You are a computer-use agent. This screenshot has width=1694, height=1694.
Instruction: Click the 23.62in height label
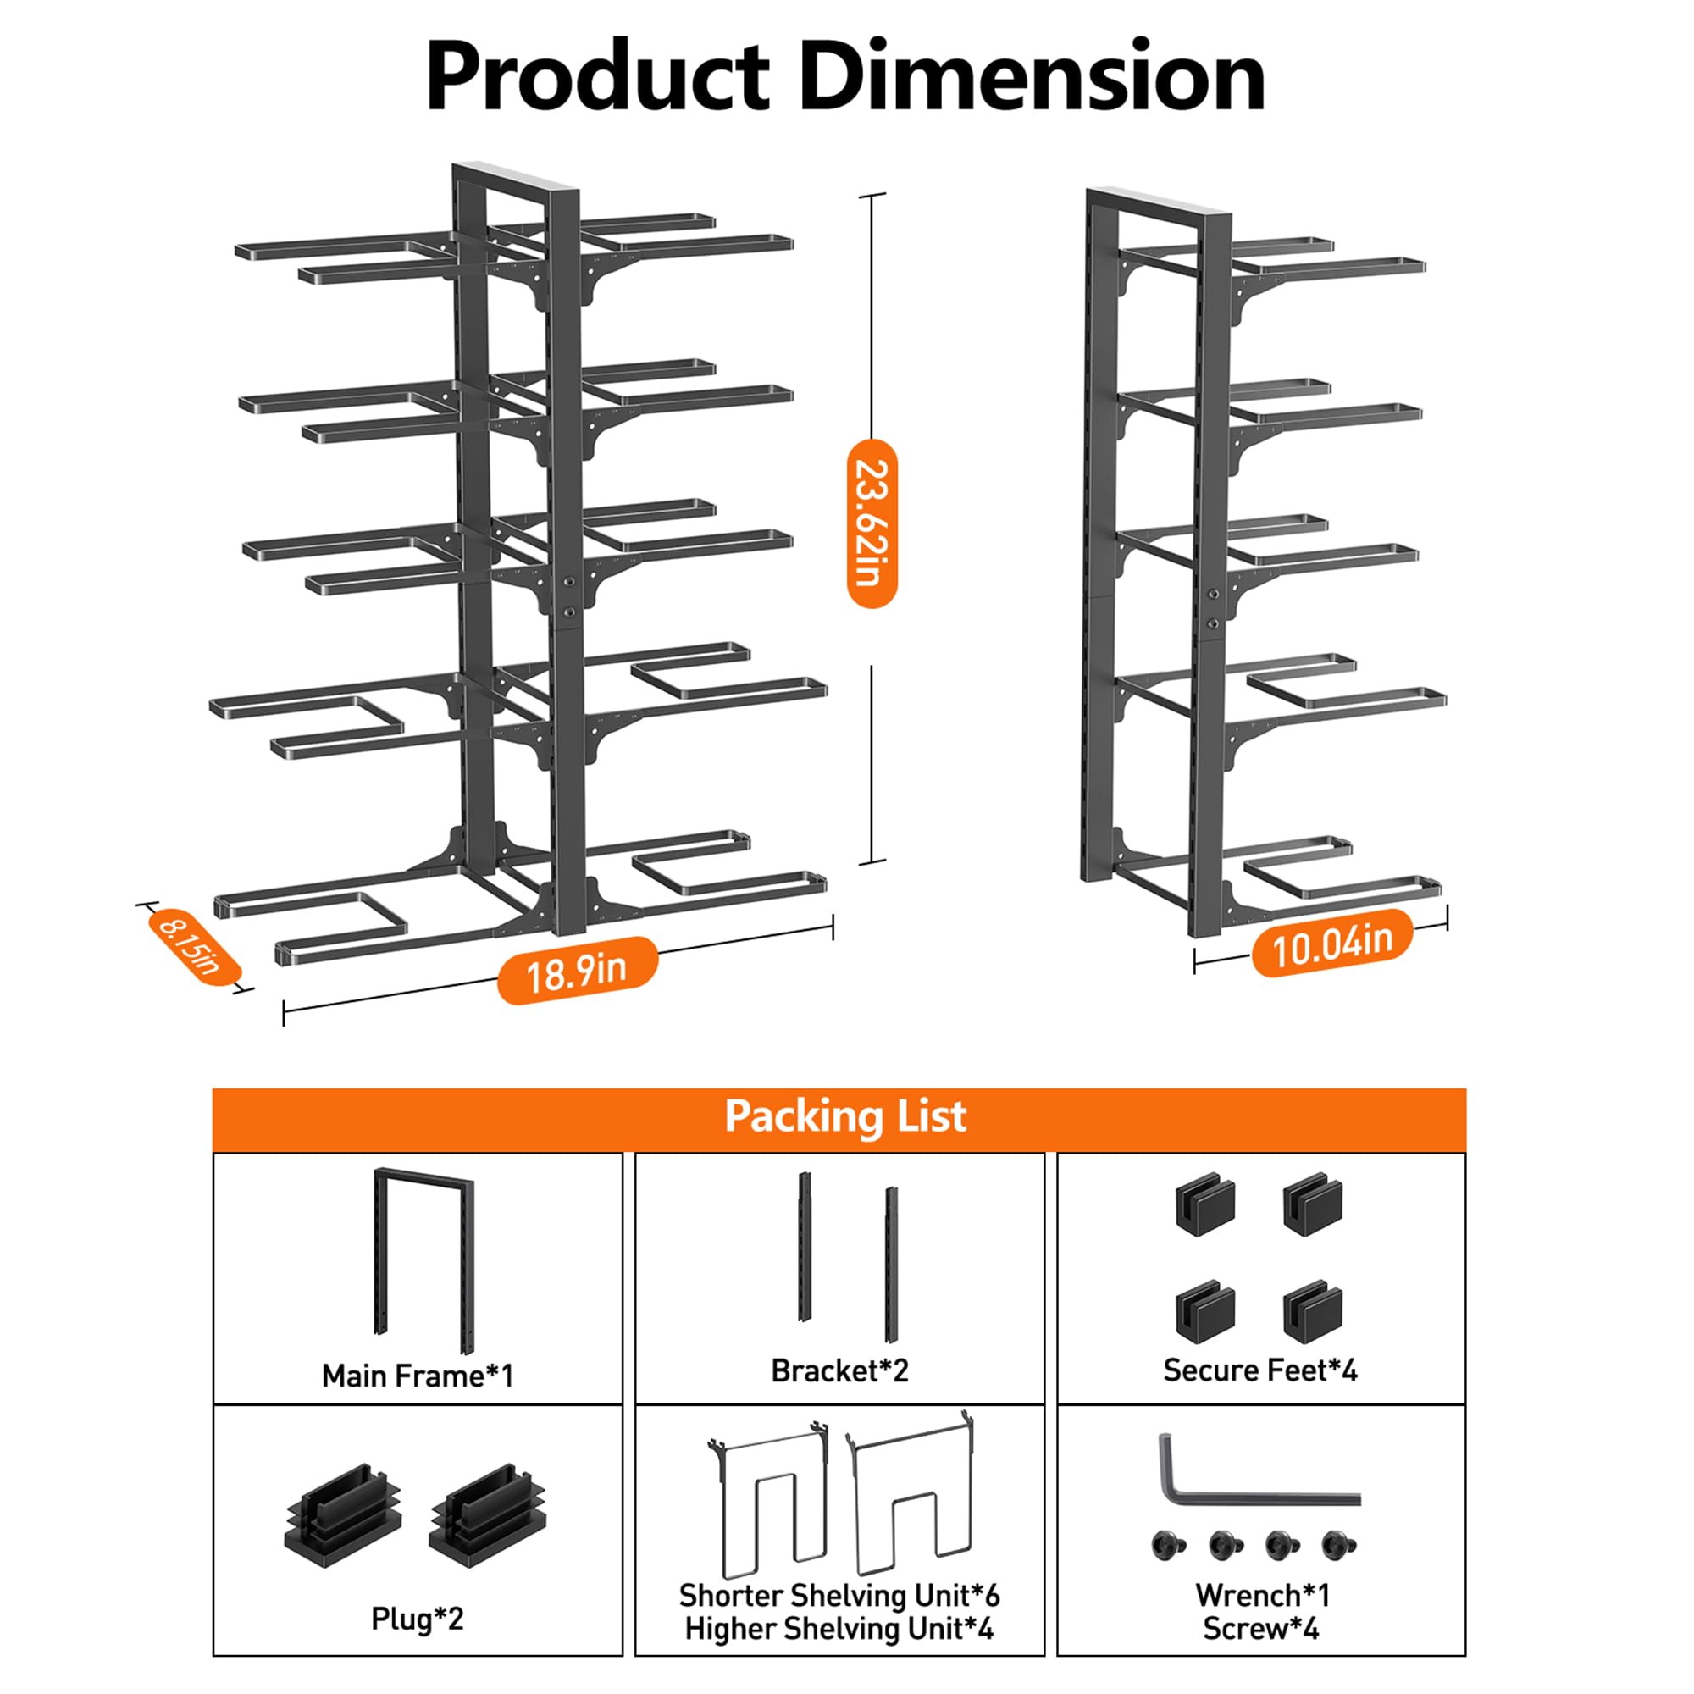click(872, 523)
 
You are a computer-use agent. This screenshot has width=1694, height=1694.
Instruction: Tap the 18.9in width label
click(576, 971)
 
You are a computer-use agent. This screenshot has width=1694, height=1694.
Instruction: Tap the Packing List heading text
click(845, 1117)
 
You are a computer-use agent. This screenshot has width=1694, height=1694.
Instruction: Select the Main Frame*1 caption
click(418, 1376)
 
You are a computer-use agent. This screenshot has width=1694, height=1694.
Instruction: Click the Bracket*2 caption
click(839, 1370)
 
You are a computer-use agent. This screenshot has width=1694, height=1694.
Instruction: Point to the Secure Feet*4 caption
click(1260, 1370)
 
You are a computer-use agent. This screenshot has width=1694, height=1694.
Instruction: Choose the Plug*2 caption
click(418, 1619)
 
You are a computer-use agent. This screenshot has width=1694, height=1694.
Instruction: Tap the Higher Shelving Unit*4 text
click(839, 1629)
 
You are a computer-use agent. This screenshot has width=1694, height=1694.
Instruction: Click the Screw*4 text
click(1260, 1629)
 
